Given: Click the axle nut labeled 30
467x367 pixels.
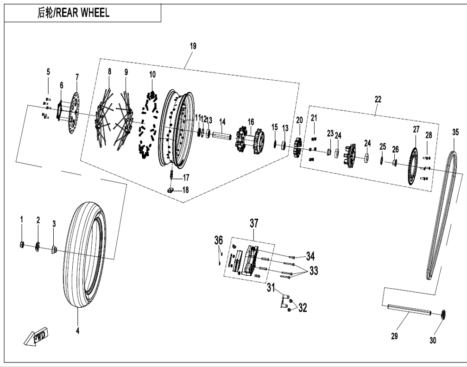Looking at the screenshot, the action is point(443,315).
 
